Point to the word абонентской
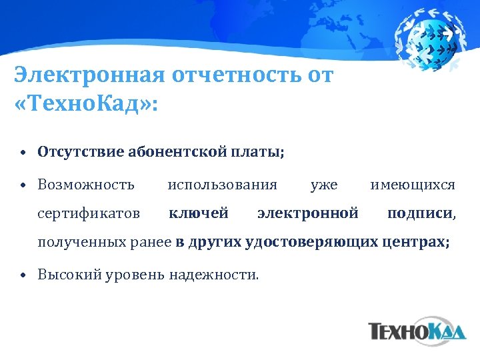[175, 152]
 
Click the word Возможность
[86, 183]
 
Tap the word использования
[222, 183]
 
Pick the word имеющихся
[413, 183]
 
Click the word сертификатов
[89, 213]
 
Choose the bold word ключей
[199, 213]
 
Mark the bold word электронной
[308, 213]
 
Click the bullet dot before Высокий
[23, 274]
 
